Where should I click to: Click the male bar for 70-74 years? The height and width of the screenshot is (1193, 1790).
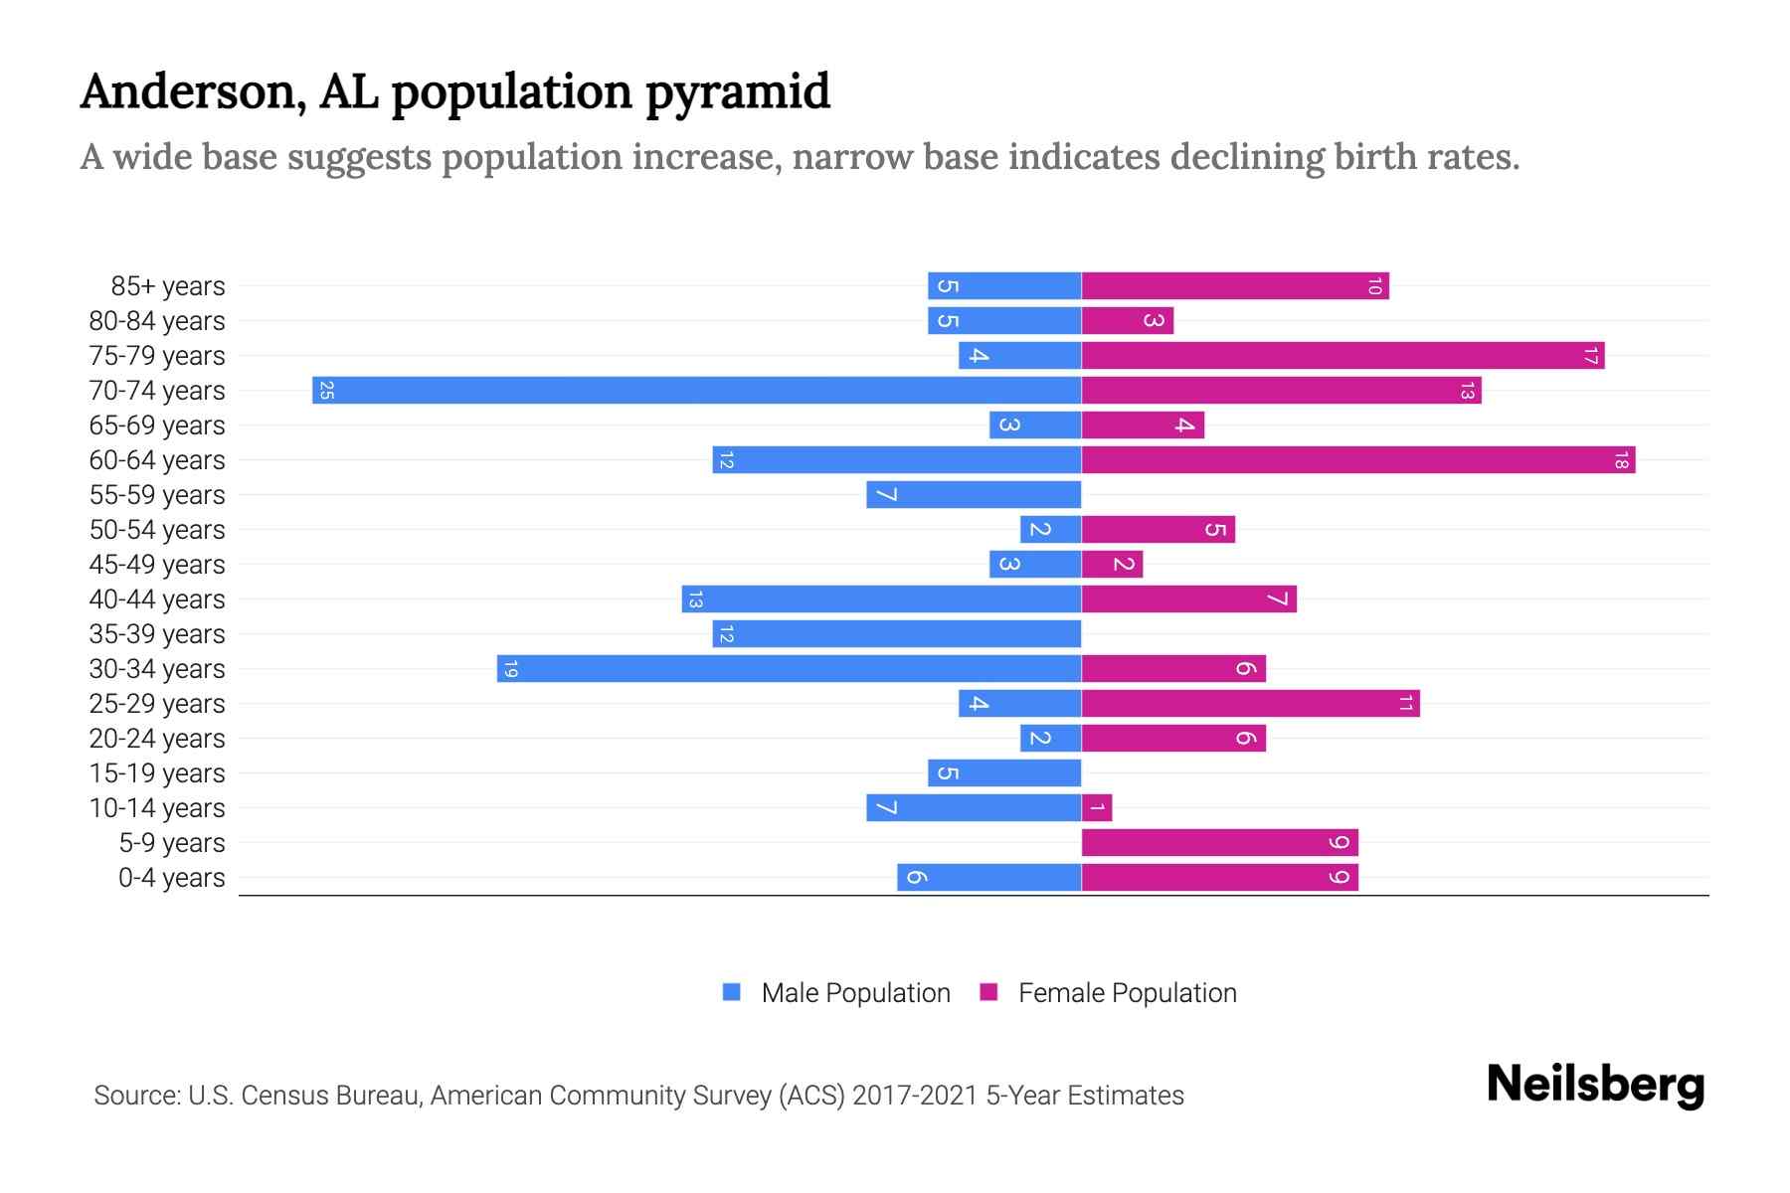(696, 390)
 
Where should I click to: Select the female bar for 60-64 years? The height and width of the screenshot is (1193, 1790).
(1357, 459)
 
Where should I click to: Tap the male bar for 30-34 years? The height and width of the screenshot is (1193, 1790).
(789, 668)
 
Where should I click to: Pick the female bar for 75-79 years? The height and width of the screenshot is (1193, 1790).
(1342, 355)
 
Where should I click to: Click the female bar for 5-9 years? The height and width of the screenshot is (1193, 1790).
(1219, 842)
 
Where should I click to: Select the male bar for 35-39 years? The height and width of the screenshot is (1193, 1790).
(896, 633)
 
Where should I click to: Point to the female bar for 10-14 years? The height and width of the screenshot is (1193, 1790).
(1097, 807)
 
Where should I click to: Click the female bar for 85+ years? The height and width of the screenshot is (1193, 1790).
(1234, 285)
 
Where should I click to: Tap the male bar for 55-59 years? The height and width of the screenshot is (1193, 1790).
(974, 494)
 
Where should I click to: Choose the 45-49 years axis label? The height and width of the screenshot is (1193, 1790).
(157, 565)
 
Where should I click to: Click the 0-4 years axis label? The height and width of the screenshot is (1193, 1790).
(171, 878)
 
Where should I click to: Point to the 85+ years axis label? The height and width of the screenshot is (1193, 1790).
(168, 286)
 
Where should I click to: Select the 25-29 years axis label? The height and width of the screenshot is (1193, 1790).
(157, 704)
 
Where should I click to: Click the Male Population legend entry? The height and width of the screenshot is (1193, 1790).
(854, 993)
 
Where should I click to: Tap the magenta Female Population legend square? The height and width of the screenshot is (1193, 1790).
(988, 992)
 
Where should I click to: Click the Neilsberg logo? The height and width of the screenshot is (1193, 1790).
(1595, 1085)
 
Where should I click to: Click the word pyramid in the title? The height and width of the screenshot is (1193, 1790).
(737, 92)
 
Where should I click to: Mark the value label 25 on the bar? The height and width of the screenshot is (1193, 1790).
(326, 391)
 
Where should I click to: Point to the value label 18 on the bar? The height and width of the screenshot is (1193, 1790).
(1621, 460)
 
